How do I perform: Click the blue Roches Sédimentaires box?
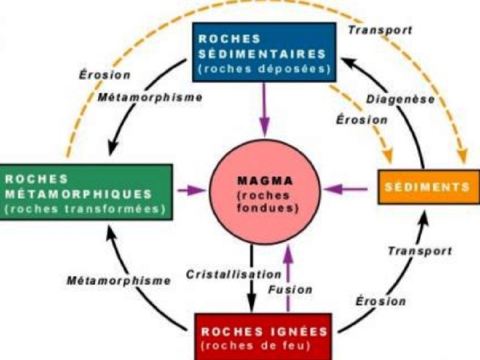[264, 52]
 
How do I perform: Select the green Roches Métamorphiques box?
[87, 193]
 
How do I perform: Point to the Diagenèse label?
[400, 99]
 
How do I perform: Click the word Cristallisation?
[224, 274]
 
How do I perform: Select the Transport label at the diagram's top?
[380, 30]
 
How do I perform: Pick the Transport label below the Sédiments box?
[419, 251]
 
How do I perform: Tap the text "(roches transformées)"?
[85, 209]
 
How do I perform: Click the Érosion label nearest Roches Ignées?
[381, 301]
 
